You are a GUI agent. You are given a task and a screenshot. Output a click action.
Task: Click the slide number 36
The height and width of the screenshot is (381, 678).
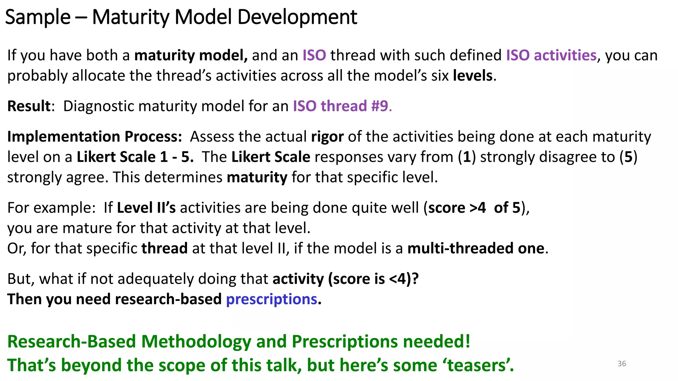click(x=622, y=363)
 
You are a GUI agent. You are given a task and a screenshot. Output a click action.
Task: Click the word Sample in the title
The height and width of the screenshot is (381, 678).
click(x=38, y=17)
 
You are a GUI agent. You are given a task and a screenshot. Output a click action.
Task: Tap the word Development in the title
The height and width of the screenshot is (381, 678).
click(x=297, y=17)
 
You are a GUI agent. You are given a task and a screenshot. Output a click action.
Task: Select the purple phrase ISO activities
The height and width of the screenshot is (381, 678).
click(x=551, y=55)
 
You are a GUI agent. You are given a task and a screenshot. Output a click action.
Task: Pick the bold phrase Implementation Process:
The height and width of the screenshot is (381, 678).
click(x=95, y=137)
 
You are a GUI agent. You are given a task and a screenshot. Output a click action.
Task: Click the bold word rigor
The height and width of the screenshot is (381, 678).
click(x=327, y=137)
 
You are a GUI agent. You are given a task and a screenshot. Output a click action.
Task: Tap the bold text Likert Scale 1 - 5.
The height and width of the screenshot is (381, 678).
click(x=135, y=157)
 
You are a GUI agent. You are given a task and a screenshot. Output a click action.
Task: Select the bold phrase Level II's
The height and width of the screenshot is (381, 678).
click(x=146, y=208)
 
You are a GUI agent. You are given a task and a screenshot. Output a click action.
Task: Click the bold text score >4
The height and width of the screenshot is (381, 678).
click(x=457, y=208)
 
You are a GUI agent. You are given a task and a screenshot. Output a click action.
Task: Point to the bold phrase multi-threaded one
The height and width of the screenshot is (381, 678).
click(x=476, y=248)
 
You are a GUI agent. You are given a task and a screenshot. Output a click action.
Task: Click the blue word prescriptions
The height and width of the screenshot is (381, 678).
click(x=271, y=299)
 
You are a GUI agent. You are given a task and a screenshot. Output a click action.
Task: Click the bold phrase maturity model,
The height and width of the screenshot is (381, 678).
click(x=191, y=55)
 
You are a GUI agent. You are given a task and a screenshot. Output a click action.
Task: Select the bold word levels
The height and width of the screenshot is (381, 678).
click(x=473, y=76)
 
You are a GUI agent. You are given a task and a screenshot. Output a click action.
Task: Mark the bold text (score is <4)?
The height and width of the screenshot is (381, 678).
click(x=373, y=279)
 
